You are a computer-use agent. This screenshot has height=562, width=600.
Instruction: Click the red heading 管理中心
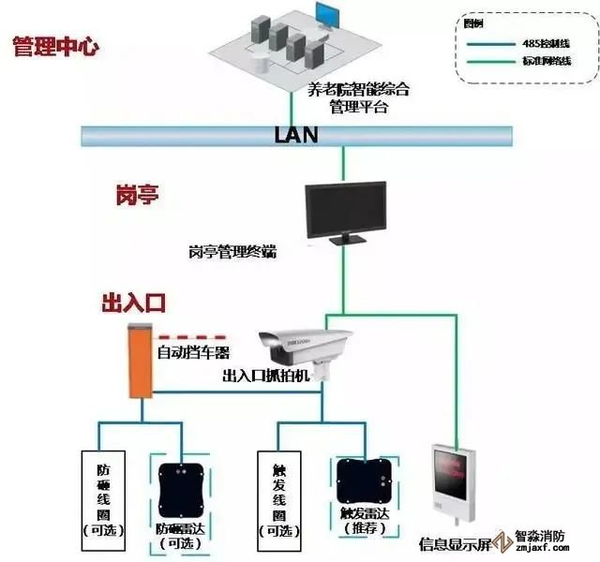click(55, 47)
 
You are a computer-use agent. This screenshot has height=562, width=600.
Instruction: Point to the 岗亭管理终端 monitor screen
click(345, 208)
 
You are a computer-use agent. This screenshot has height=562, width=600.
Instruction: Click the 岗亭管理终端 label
click(232, 253)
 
